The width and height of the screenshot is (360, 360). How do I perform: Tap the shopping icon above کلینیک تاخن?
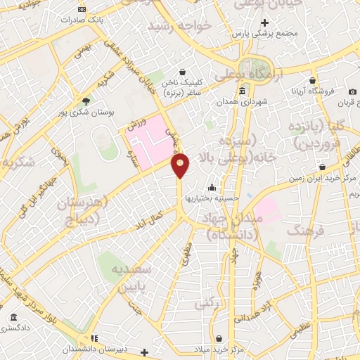[183, 72]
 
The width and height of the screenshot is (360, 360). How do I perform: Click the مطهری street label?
[187, 254]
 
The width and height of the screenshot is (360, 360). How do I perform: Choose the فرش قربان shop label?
[345, 103]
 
